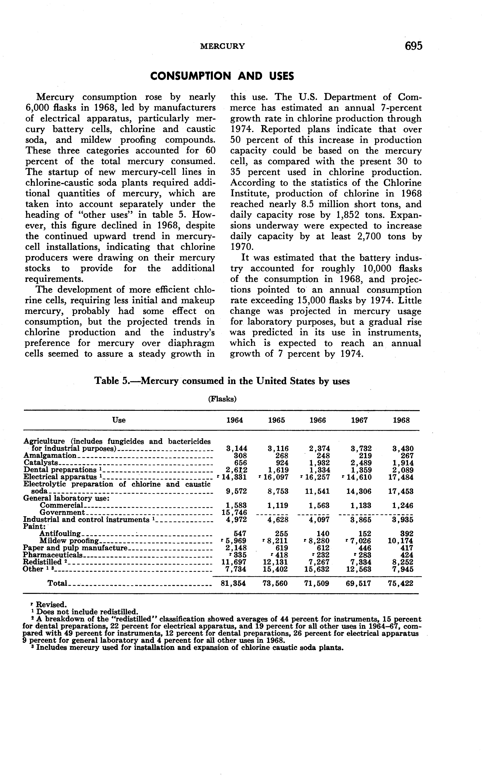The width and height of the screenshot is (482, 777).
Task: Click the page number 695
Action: click(x=414, y=46)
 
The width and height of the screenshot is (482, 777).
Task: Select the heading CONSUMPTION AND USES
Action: click(x=222, y=76)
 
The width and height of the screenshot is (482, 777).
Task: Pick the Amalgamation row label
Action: click(x=50, y=456)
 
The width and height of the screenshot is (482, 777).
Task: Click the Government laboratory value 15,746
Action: click(x=234, y=513)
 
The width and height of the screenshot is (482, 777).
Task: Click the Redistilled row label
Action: click(x=42, y=562)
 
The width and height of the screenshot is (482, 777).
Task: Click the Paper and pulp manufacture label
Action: click(x=75, y=548)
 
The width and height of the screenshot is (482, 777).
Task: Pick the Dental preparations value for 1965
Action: click(x=279, y=470)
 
